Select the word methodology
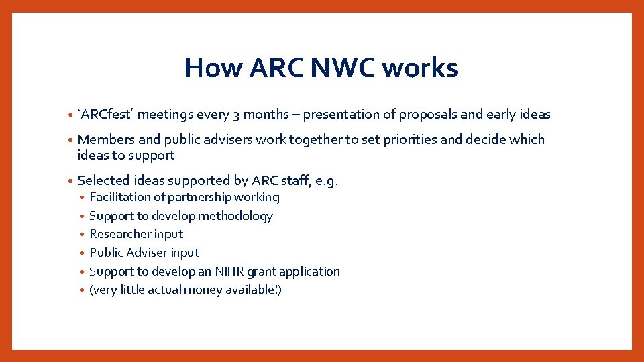tap(236, 216)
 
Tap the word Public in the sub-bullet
tap(106, 253)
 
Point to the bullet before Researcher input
tap(81, 235)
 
